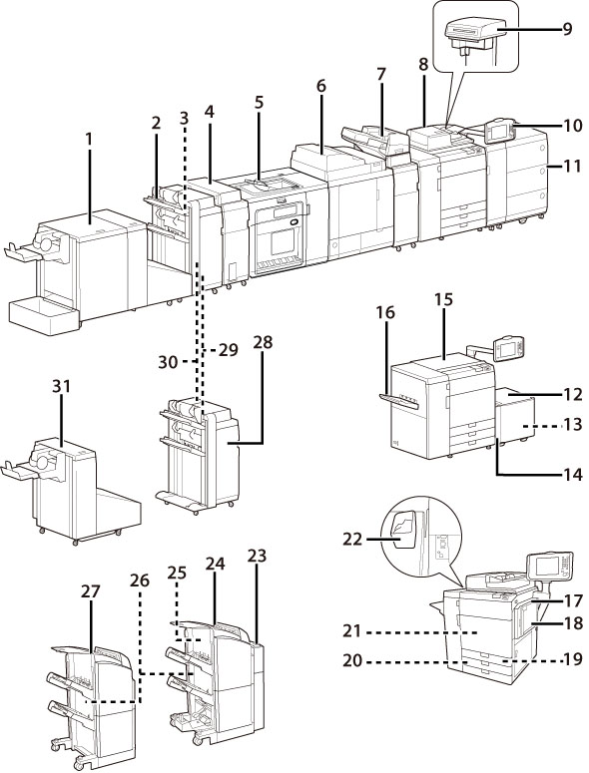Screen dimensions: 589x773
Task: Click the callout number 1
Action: click(x=89, y=140)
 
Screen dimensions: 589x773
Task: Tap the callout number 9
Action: click(x=567, y=29)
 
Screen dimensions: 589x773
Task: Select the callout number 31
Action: click(x=61, y=386)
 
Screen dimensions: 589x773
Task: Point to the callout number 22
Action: click(x=352, y=539)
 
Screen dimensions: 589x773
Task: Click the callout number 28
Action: click(x=263, y=342)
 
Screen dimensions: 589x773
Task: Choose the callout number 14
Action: click(x=573, y=474)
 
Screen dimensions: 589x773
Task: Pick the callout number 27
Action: click(x=91, y=591)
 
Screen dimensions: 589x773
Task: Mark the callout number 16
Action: click(x=385, y=312)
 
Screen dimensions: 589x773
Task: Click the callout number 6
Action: click(x=321, y=86)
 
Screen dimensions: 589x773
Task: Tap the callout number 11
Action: click(x=572, y=166)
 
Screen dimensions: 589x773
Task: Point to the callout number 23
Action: click(x=257, y=557)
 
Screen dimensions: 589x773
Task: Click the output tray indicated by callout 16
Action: click(x=399, y=402)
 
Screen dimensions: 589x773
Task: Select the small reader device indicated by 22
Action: click(x=401, y=533)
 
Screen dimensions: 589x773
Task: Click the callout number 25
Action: click(x=177, y=573)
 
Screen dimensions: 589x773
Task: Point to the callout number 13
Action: click(x=573, y=424)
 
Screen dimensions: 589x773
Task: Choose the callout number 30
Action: click(x=169, y=362)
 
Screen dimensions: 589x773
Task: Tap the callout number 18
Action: click(x=573, y=622)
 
